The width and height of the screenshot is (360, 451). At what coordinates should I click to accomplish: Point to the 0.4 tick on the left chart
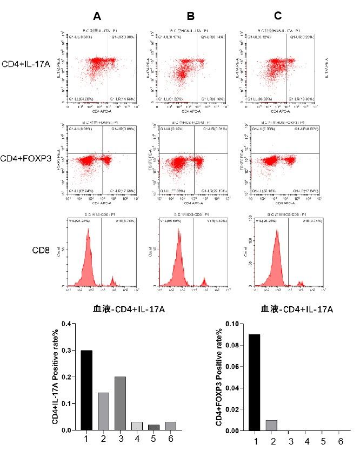[66, 324]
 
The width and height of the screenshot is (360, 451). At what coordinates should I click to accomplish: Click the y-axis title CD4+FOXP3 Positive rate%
[221, 377]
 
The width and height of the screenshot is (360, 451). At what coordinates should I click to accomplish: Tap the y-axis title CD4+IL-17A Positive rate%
[55, 377]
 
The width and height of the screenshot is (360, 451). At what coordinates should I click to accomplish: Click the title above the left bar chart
[129, 309]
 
